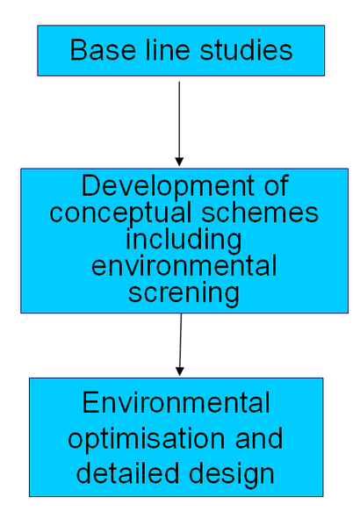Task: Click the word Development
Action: tap(171, 187)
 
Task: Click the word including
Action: tap(184, 240)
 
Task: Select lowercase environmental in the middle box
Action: tap(184, 266)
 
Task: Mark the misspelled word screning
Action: tap(184, 292)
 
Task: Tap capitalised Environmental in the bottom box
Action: tap(176, 404)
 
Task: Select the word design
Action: tap(227, 475)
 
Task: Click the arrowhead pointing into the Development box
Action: tap(179, 162)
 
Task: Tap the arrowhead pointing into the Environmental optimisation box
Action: tap(179, 371)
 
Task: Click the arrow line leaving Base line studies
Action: tap(179, 119)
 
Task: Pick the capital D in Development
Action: tap(90, 187)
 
